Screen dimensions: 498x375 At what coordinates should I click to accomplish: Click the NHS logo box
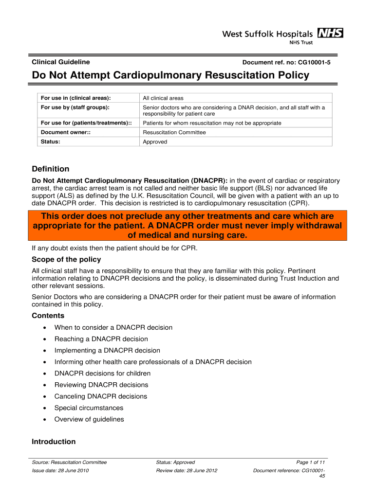(330, 33)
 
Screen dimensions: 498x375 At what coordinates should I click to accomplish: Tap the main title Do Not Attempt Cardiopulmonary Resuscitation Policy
(170, 75)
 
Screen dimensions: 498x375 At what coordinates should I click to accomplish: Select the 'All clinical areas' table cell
(163, 98)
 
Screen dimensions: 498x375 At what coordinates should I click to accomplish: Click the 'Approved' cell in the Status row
(154, 142)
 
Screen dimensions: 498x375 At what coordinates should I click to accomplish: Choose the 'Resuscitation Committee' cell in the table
(174, 132)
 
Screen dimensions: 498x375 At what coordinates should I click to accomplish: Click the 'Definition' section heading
(50, 169)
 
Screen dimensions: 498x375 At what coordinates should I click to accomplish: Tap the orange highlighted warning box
(187, 226)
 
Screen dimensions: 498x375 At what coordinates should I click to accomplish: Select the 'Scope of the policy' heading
(66, 259)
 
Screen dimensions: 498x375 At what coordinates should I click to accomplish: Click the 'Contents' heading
(48, 316)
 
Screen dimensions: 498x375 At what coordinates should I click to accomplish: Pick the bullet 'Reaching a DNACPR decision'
(101, 339)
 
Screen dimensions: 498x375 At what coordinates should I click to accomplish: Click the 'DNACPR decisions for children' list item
(102, 373)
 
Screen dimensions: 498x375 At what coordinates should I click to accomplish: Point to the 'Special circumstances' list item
(89, 408)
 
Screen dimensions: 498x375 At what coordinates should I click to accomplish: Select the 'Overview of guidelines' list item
(89, 419)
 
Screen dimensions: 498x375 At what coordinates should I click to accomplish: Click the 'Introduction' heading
(54, 442)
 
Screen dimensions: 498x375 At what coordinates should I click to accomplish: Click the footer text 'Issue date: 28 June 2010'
(60, 471)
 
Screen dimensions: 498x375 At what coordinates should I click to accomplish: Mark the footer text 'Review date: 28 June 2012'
(187, 471)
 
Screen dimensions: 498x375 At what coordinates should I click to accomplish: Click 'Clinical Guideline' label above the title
(60, 62)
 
